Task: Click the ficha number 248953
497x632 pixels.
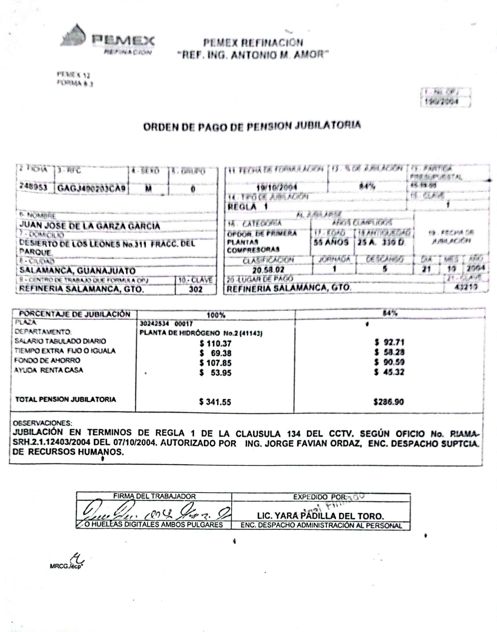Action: (x=33, y=187)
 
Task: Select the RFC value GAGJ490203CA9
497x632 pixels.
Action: (x=91, y=188)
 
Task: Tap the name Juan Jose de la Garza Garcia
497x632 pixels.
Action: (x=89, y=226)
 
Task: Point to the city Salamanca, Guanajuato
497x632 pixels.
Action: (x=77, y=270)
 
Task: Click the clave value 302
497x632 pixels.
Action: (x=195, y=289)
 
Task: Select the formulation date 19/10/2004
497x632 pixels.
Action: (x=276, y=187)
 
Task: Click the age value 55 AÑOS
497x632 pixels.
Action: (x=331, y=242)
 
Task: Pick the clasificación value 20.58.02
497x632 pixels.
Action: (x=268, y=270)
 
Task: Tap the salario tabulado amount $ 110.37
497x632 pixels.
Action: (x=215, y=344)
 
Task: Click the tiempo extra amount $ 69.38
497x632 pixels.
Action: (x=215, y=353)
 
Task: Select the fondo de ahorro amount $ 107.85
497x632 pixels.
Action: (x=215, y=363)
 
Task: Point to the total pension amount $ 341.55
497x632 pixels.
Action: (x=215, y=402)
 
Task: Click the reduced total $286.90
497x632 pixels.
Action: (x=388, y=402)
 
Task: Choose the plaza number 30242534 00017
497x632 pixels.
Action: (x=166, y=324)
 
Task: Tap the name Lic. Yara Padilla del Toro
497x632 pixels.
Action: (x=320, y=516)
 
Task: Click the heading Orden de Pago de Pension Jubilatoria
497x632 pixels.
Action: (x=252, y=126)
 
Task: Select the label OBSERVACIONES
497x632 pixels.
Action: (x=43, y=423)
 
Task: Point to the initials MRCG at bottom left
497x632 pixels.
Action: (x=59, y=566)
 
